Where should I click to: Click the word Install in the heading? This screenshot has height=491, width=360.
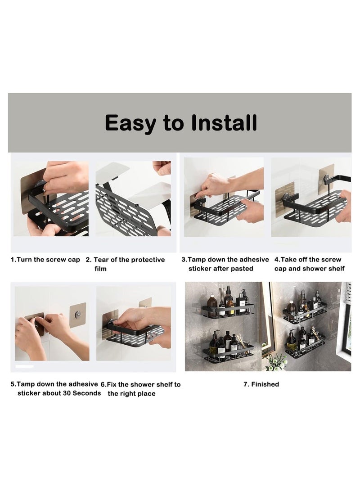pos(224,122)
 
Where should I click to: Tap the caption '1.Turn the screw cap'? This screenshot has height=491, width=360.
pos(45,260)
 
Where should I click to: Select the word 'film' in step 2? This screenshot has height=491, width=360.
pos(100,269)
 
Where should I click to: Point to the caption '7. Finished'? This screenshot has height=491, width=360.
pos(261,384)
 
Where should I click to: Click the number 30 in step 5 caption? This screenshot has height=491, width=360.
pos(67,393)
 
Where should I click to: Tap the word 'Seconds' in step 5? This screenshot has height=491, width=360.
pos(87,393)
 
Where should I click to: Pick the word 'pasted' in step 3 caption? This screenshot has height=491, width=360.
pos(242,269)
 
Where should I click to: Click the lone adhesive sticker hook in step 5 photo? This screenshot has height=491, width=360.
pos(78,315)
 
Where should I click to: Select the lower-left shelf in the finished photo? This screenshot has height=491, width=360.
pos(229,352)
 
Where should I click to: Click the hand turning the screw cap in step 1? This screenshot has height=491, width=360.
pos(65,179)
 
